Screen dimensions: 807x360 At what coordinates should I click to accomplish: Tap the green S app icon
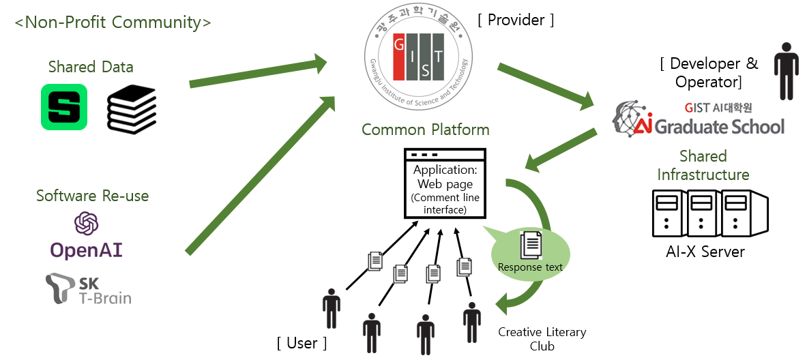tap(64, 107)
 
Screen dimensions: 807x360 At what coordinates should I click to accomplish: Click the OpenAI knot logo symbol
tap(87, 224)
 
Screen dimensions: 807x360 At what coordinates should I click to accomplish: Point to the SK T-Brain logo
tap(88, 290)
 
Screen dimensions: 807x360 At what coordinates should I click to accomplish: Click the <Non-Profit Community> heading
tap(113, 22)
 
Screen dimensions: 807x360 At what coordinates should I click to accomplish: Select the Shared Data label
tap(91, 67)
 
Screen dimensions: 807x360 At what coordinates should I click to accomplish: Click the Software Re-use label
tap(92, 196)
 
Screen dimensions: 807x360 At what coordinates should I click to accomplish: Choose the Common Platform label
tap(426, 130)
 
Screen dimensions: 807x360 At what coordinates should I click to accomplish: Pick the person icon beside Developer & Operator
tap(787, 71)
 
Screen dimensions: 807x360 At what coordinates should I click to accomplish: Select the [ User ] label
tap(302, 343)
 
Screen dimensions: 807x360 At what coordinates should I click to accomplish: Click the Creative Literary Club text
tap(542, 340)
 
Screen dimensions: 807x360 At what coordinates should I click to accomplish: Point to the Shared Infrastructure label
tap(703, 164)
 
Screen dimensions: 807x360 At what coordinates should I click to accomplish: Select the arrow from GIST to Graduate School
tap(546, 86)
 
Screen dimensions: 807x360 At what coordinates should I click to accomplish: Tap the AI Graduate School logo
tap(699, 119)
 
